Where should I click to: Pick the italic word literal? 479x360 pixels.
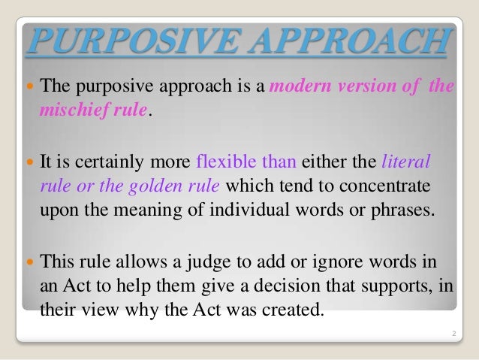407,160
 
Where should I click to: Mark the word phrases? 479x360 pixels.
405,209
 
